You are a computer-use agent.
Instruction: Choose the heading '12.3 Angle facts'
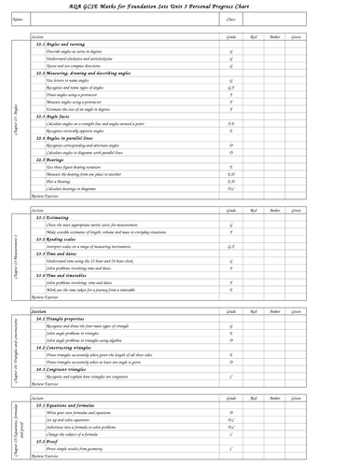[56, 116]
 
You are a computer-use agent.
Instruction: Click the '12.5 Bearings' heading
[53, 159]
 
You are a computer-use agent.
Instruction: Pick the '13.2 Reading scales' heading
[58, 239]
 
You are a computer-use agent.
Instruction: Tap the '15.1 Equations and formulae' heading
[69, 406]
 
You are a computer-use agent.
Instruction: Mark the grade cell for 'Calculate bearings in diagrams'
[230, 188]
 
